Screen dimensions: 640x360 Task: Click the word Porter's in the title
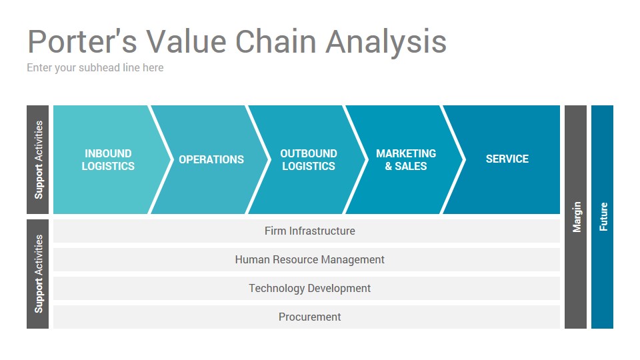(82, 41)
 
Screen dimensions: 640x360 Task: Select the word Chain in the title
(276, 41)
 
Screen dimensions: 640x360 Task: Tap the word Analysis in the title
(386, 43)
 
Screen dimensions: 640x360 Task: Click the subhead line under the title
(95, 68)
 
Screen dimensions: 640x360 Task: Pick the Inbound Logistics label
(108, 159)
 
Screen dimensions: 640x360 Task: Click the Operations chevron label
(211, 159)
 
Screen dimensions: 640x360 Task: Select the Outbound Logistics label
(309, 159)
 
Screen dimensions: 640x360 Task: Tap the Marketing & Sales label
(406, 159)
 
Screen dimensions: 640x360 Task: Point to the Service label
(507, 159)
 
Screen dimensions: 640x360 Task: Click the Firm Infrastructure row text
(310, 231)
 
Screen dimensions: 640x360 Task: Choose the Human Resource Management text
(310, 259)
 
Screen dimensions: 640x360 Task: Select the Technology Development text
(310, 289)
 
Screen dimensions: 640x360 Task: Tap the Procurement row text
(310, 317)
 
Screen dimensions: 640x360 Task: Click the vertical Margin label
(577, 217)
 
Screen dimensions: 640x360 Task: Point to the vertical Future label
(603, 217)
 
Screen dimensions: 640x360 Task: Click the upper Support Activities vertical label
(39, 159)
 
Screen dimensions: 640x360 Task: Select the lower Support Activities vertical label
(39, 274)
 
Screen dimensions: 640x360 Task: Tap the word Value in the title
(186, 41)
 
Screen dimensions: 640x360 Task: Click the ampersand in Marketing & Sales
(389, 166)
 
